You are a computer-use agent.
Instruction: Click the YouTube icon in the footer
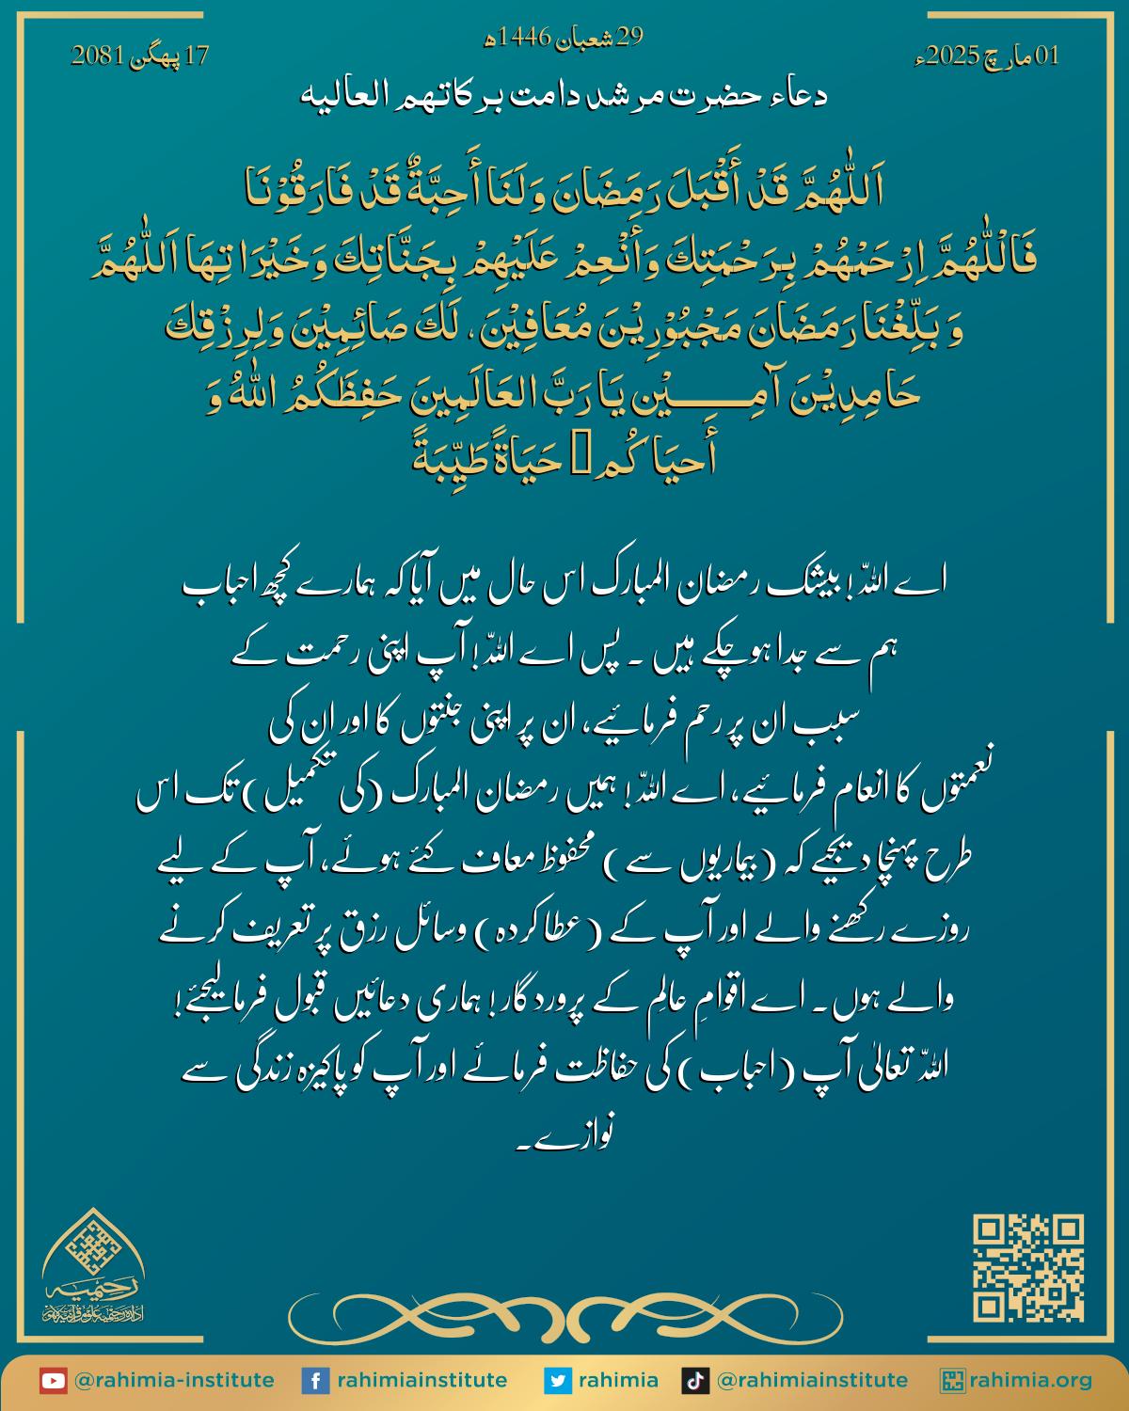(x=53, y=1381)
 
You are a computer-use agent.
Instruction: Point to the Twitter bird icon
(x=558, y=1381)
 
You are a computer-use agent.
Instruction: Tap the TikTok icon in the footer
(x=695, y=1381)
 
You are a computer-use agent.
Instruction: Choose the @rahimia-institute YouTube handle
(x=173, y=1381)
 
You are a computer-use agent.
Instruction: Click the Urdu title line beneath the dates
(x=563, y=95)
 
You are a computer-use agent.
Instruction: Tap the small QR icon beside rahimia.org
(x=952, y=1381)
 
